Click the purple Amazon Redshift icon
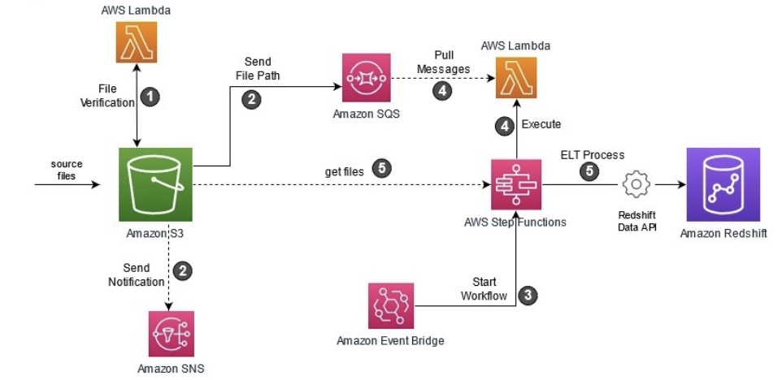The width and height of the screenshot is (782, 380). click(723, 184)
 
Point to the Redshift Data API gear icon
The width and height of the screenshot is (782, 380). click(635, 185)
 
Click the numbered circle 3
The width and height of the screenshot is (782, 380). click(528, 296)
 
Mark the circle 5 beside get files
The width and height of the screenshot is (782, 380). click(382, 169)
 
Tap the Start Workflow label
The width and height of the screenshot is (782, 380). click(484, 289)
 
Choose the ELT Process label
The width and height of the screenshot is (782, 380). click(593, 154)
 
